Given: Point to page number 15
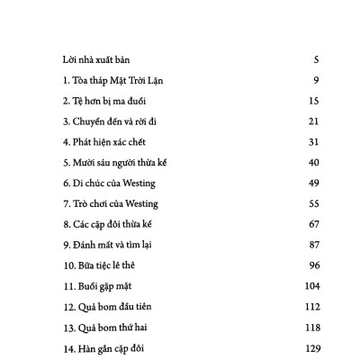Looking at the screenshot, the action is (x=314, y=103).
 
